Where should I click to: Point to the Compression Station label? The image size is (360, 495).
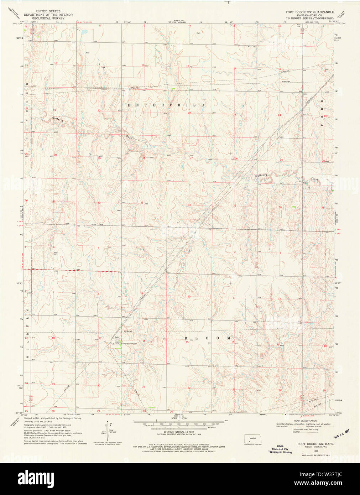129,344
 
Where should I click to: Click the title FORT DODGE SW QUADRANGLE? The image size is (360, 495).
310,12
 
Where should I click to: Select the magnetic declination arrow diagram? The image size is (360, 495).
108,428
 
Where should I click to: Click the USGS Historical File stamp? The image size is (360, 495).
280,449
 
